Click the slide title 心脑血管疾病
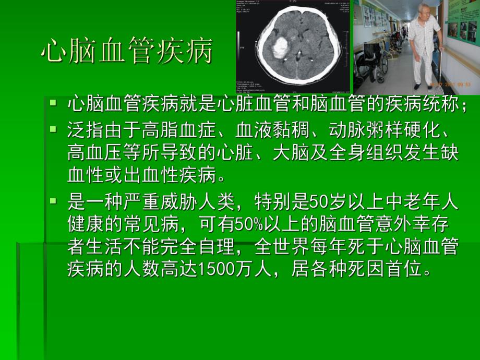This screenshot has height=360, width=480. click(126, 52)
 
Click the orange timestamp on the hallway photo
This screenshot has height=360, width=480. click(450, 83)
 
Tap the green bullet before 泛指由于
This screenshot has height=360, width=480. click(53, 128)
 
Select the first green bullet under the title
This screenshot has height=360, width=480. click(53, 103)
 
